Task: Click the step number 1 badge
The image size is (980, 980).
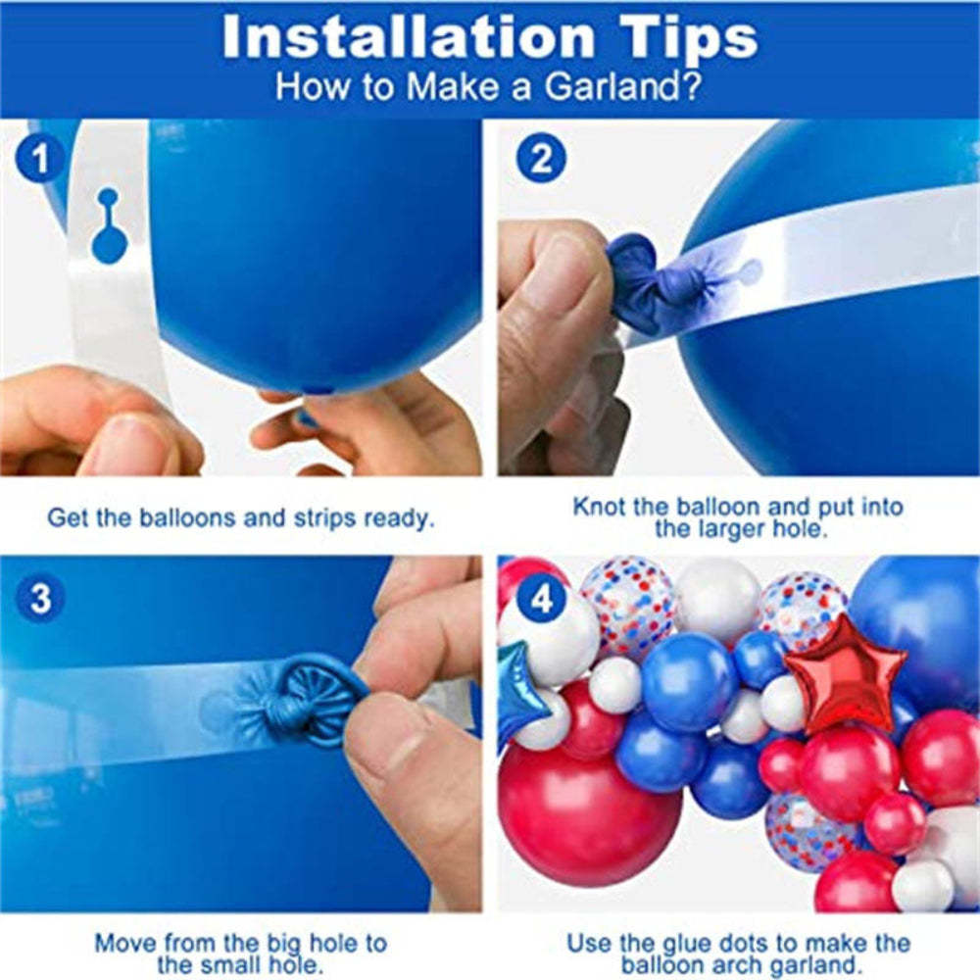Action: click(39, 160)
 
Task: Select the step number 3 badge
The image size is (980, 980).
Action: click(39, 599)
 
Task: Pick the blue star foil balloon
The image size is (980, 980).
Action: click(515, 692)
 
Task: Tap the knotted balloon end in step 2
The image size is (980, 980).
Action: click(647, 279)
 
